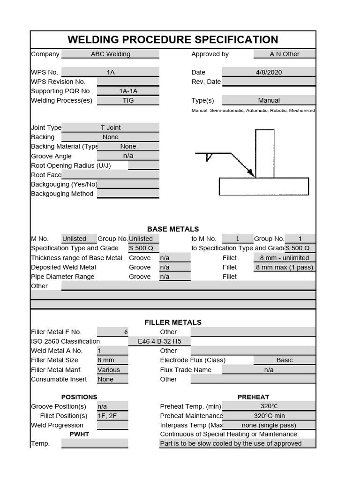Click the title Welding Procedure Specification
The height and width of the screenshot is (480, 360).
pyautogui.click(x=172, y=40)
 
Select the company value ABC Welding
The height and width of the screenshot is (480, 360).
pyautogui.click(x=111, y=54)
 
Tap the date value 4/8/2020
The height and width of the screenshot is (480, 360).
pyautogui.click(x=269, y=72)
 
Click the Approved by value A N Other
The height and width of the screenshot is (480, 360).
pyautogui.click(x=284, y=54)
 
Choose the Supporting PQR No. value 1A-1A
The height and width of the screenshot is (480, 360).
pyautogui.click(x=128, y=91)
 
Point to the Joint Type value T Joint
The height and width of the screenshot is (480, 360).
pyautogui.click(x=111, y=127)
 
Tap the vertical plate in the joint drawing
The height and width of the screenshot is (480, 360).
pyautogui.click(x=264, y=154)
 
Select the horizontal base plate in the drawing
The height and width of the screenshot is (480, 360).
pyautogui.click(x=264, y=186)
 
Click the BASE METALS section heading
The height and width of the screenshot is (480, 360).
pyautogui.click(x=173, y=229)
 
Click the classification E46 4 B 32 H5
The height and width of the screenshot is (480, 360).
pyautogui.click(x=159, y=341)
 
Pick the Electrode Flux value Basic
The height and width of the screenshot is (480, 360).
pyautogui.click(x=285, y=360)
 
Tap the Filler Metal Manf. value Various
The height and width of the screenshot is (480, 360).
pyautogui.click(x=109, y=370)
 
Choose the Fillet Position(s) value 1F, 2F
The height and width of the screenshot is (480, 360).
pyautogui.click(x=107, y=416)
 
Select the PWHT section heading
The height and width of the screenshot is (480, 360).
pyautogui.click(x=79, y=434)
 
